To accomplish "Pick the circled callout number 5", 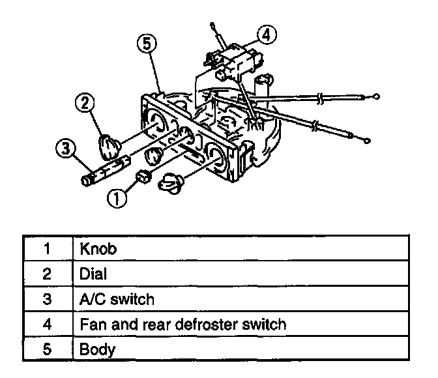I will tap(148, 44).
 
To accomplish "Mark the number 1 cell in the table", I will tap(46, 248).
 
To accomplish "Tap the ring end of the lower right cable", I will tap(368, 139).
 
